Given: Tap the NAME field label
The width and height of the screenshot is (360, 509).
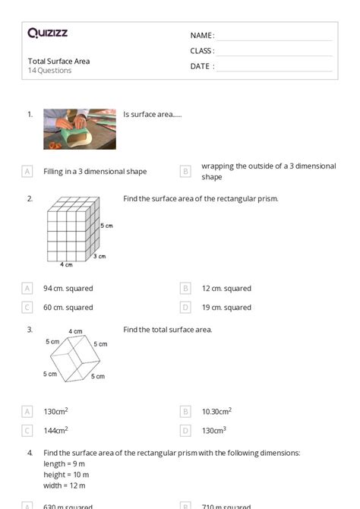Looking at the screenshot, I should (202, 36).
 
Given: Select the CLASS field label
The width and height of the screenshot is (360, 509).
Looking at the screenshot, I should (202, 51).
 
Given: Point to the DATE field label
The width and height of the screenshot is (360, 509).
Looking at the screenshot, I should (202, 66).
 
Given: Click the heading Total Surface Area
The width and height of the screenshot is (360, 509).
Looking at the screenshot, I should (58, 61).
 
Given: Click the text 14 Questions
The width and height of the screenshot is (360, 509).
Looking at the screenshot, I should (50, 71).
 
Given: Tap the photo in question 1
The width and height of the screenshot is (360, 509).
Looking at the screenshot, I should (80, 128).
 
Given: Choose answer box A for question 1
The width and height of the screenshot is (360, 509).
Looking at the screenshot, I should (27, 172).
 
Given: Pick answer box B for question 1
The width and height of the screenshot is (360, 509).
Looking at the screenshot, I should (185, 172).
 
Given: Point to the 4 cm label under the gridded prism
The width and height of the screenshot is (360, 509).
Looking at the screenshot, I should (67, 265).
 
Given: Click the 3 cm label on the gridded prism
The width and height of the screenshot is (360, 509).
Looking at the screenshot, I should (99, 257).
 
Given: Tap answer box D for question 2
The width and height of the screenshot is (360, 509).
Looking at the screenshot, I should (185, 308).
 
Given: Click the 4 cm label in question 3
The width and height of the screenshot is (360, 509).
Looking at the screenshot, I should (75, 331).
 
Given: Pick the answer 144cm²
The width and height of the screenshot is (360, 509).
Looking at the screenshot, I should (55, 430).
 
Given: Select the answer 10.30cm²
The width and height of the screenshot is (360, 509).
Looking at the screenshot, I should (216, 411).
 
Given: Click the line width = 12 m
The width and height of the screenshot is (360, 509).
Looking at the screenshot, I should (65, 485).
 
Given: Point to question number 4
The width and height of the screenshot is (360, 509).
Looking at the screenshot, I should (30, 453).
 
